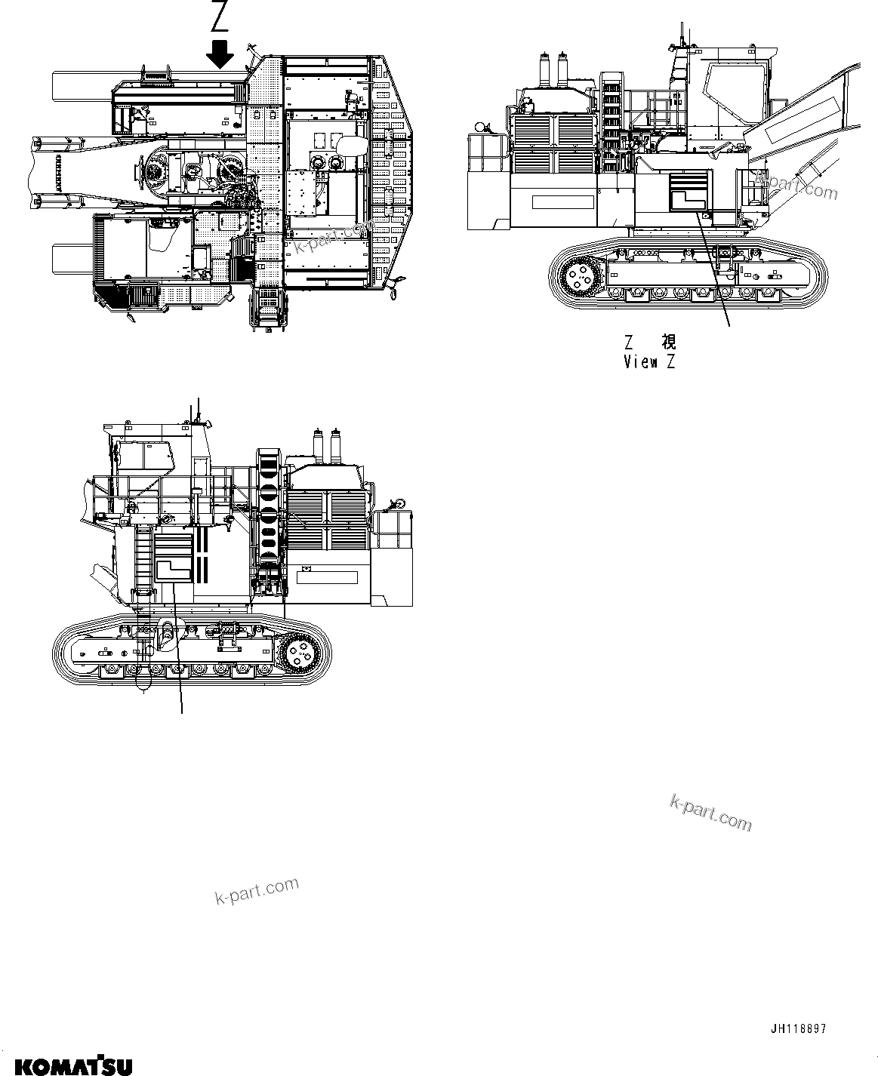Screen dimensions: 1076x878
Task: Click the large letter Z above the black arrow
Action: click(220, 17)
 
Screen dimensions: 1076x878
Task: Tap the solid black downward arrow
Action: click(220, 54)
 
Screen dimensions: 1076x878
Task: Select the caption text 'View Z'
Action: click(649, 362)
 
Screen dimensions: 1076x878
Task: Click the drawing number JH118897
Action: click(799, 1028)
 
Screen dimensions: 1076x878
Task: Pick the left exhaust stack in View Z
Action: click(543, 72)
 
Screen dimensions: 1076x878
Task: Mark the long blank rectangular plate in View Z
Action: click(563, 202)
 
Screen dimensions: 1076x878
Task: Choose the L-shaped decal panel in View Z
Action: click(687, 189)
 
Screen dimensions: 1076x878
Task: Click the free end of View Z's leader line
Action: click(730, 327)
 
